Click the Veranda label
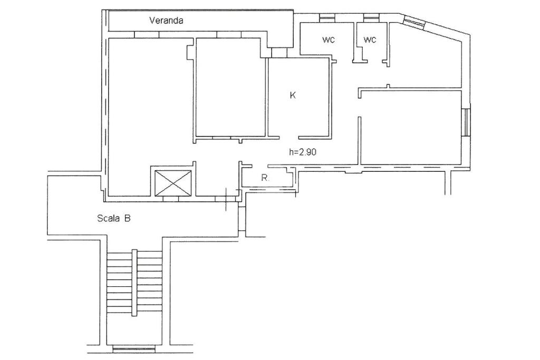click(x=166, y=21)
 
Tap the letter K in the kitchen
click(x=293, y=95)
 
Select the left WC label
click(x=329, y=40)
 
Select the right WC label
click(x=370, y=40)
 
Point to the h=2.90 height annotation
click(x=303, y=152)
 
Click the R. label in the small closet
click(x=265, y=178)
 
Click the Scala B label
click(x=114, y=218)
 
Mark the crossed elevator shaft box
click(x=173, y=183)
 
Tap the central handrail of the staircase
click(x=134, y=282)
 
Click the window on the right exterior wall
click(x=466, y=123)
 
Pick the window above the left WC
click(x=326, y=16)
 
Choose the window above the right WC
click(x=371, y=16)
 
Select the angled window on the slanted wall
click(x=414, y=22)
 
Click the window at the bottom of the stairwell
click(x=134, y=349)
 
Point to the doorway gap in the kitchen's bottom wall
click(x=288, y=138)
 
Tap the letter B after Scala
click(x=128, y=218)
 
